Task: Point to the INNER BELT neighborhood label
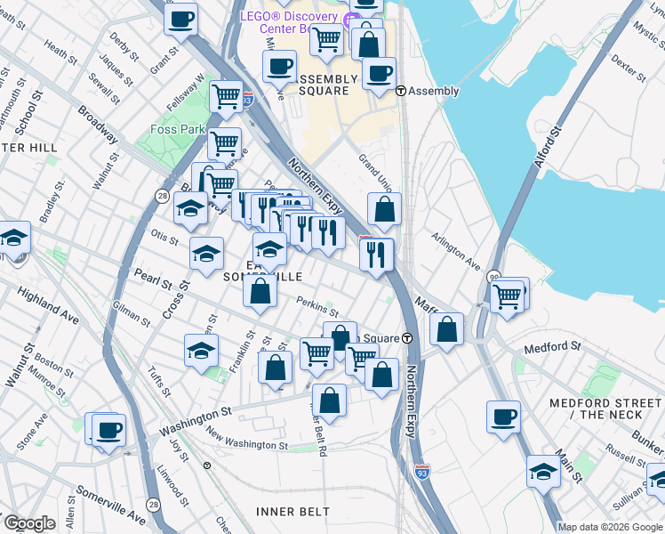pyautogui.click(x=292, y=512)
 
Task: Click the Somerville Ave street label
pyautogui.click(x=110, y=504)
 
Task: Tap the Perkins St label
pyautogui.click(x=317, y=306)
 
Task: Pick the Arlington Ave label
pyautogui.click(x=455, y=252)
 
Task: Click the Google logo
pyautogui.click(x=29, y=523)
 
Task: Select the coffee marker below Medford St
pyautogui.click(x=504, y=417)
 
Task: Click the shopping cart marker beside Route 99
pyautogui.click(x=507, y=295)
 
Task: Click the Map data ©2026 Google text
pyautogui.click(x=610, y=527)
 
